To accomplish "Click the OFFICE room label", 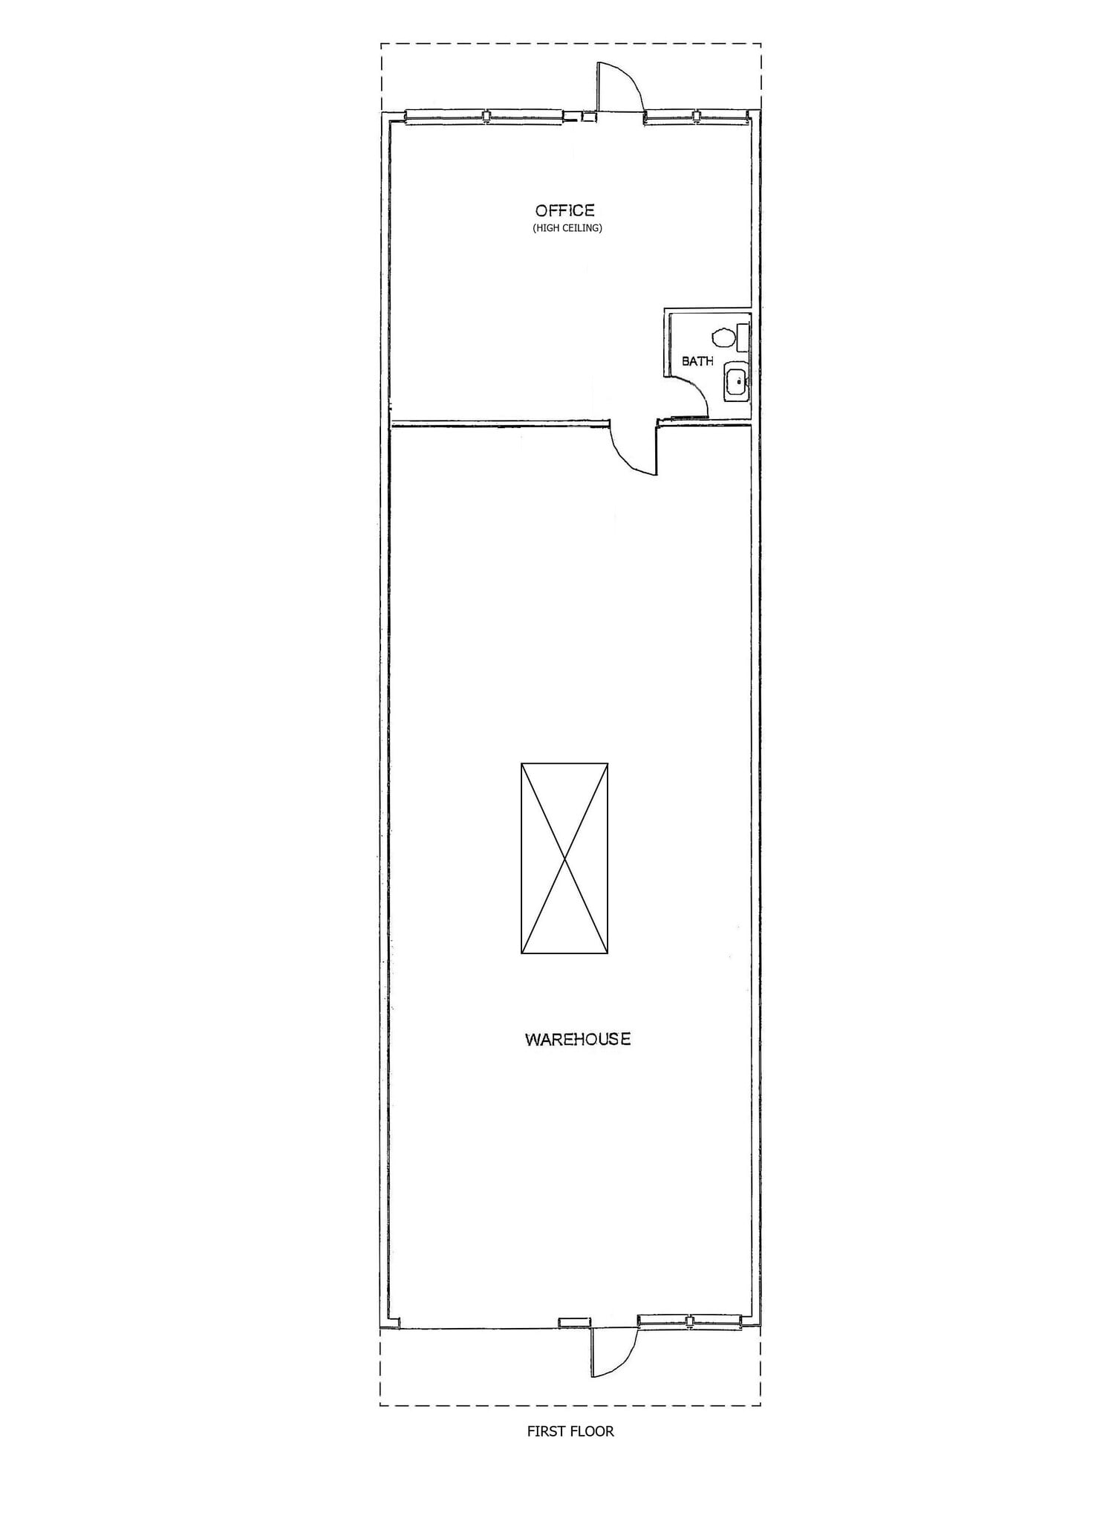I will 564,210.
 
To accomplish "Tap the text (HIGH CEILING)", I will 567,228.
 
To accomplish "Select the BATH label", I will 697,361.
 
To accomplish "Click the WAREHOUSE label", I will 578,1039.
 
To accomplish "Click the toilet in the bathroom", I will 722,338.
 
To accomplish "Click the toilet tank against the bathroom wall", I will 743,338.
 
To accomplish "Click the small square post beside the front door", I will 588,116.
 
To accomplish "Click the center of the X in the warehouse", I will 564,858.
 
